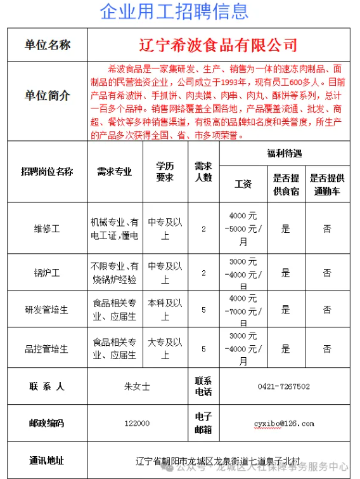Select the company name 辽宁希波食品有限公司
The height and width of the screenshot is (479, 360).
point(218,45)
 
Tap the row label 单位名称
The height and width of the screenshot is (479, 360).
point(48,45)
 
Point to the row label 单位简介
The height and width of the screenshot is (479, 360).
point(48,96)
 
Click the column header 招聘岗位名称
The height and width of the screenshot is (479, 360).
point(47,171)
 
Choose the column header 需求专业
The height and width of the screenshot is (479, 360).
point(114,171)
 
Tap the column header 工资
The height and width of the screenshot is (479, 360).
point(243,184)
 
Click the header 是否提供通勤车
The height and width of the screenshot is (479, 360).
point(327,184)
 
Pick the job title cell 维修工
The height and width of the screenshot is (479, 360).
point(47,229)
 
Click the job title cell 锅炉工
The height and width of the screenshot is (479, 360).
point(47,273)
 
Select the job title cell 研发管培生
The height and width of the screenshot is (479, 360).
point(47,310)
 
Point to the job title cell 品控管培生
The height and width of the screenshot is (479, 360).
point(47,348)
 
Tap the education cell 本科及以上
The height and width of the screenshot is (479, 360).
point(165,310)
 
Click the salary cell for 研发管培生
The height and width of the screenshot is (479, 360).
point(243,310)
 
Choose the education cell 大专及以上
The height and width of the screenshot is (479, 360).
point(165,348)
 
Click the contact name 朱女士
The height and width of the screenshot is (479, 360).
point(138,386)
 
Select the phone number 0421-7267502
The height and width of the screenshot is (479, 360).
point(283,386)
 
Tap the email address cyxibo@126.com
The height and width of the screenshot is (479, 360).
point(284,423)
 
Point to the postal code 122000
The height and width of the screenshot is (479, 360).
point(138,423)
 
